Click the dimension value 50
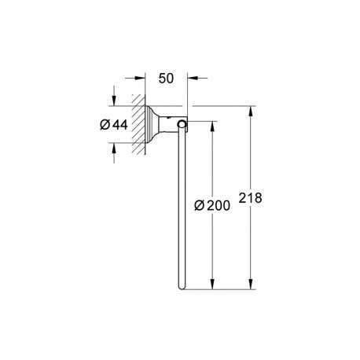coord(166,78)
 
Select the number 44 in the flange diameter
coord(120,125)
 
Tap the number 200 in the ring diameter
coord(219,206)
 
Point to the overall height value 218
coord(250,198)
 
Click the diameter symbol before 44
coord(105,125)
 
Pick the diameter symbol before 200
coord(200,206)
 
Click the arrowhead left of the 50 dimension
coord(140,78)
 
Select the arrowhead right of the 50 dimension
coord(193,78)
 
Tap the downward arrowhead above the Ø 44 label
coord(114,101)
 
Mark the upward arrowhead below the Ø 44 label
coord(114,149)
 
